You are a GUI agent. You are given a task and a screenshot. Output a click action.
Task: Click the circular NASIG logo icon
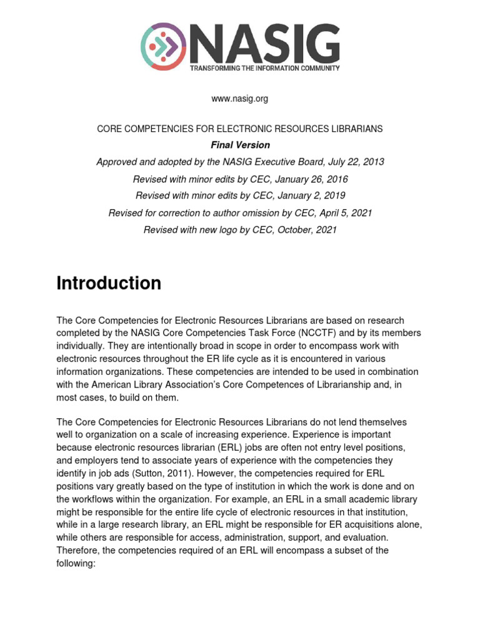click(164, 46)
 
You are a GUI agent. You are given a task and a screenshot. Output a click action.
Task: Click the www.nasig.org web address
click(240, 98)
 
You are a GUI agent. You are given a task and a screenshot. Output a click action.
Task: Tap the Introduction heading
click(109, 284)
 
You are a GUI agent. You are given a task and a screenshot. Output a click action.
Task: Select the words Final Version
click(240, 145)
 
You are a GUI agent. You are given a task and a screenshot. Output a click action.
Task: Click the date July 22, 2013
click(354, 162)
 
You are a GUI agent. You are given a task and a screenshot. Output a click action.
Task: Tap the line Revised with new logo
click(240, 230)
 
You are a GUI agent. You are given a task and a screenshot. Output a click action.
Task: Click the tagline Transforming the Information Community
click(265, 68)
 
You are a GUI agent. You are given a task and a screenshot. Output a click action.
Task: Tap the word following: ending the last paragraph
click(76, 563)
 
